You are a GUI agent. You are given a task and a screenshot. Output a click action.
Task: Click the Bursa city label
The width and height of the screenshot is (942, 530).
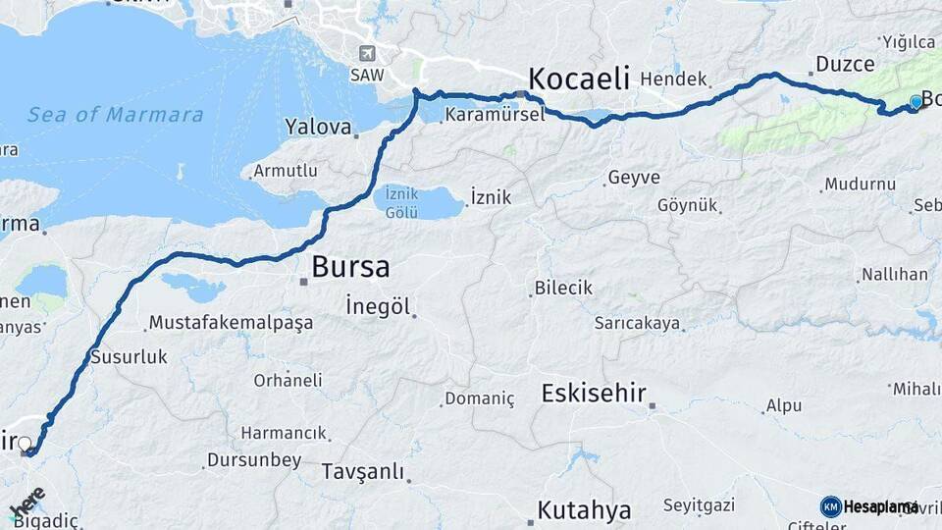click(350, 266)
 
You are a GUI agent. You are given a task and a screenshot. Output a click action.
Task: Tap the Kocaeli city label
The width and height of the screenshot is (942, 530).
click(578, 79)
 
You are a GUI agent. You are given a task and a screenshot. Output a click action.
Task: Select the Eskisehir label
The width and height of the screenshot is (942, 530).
click(594, 394)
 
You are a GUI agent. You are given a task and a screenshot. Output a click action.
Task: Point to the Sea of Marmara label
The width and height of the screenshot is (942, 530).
click(116, 115)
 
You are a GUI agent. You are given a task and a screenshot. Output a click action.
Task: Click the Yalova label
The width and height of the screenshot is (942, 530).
click(318, 127)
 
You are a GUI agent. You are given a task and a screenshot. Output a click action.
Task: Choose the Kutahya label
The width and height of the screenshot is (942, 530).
click(584, 510)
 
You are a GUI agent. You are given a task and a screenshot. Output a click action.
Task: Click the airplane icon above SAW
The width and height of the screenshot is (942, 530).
click(367, 53)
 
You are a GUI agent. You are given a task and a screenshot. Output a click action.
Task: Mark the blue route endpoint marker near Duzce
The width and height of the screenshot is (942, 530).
click(916, 101)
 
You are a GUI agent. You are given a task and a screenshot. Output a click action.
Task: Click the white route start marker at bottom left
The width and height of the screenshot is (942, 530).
click(25, 444)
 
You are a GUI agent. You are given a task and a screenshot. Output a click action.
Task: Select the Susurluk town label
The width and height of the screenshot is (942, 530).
click(129, 357)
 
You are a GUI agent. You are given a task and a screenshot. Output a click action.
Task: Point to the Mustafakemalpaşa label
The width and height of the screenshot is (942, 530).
click(230, 322)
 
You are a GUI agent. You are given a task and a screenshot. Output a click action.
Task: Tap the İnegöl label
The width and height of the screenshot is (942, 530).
click(378, 306)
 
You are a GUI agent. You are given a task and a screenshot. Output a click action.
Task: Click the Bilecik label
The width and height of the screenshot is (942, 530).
click(563, 289)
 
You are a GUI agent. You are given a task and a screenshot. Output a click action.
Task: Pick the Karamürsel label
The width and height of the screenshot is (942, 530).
click(494, 115)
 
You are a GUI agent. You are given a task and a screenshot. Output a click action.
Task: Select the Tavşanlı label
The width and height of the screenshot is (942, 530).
click(362, 472)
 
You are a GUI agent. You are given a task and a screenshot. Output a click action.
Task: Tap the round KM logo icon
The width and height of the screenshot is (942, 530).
click(831, 506)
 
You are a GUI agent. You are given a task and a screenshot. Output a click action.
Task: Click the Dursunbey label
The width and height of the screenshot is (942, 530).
click(254, 460)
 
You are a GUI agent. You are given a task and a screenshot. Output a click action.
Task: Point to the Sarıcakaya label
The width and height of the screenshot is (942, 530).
click(637, 322)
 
